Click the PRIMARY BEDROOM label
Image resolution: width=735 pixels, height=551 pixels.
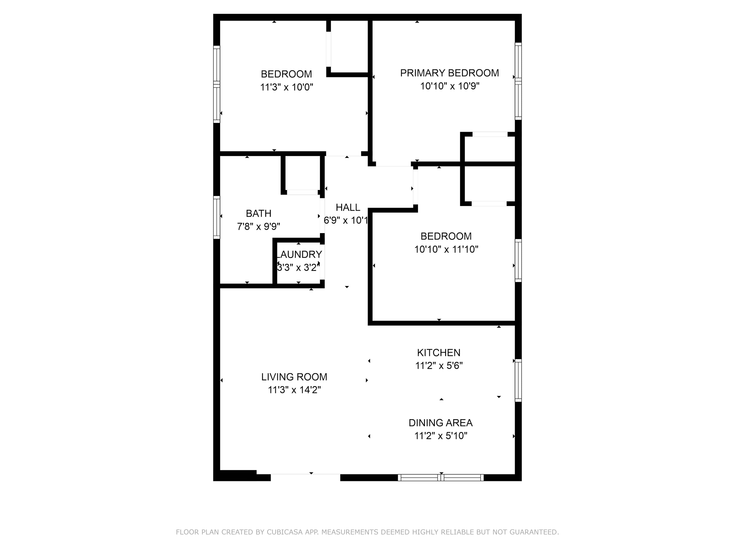coord(449,73)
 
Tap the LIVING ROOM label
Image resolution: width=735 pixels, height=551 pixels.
coord(294,377)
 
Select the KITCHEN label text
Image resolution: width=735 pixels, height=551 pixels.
coord(439,353)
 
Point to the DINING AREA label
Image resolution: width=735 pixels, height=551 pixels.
coord(440,423)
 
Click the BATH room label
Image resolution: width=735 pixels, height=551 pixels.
coord(258,213)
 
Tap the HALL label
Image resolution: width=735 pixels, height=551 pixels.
coord(348,207)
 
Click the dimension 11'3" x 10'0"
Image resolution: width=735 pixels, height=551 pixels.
coord(286,87)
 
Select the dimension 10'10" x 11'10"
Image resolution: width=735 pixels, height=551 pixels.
coord(446,249)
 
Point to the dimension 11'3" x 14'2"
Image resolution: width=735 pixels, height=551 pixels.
coord(294,390)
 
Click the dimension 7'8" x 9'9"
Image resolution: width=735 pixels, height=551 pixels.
coord(258,227)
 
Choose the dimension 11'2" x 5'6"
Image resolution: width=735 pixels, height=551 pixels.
coord(439,366)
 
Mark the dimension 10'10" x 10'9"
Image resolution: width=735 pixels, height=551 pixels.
coord(450,86)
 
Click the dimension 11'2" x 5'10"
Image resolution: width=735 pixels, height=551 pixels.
coord(441,436)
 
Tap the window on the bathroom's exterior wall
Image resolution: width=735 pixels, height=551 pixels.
coord(217,217)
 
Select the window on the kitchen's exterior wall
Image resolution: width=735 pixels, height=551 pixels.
coord(518,380)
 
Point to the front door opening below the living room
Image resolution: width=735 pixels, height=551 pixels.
coord(305,477)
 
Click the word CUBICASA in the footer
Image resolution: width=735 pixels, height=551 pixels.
coord(284,532)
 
